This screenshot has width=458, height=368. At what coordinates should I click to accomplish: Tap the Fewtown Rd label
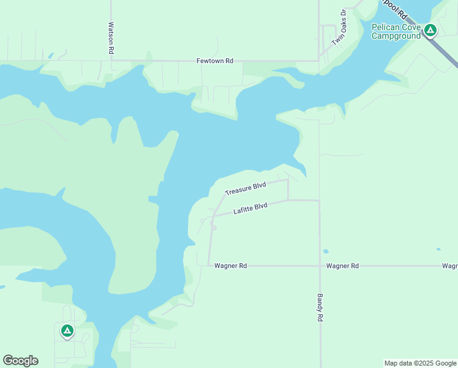tap(215, 61)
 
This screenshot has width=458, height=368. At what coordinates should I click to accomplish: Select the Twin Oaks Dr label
tap(339, 28)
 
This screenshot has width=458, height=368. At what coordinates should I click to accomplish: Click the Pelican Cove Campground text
tap(396, 31)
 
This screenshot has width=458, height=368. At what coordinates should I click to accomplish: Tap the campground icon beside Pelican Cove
tap(430, 29)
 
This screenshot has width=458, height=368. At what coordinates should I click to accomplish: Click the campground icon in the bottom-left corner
tap(67, 331)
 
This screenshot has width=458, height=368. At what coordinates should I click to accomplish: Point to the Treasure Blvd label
tap(245, 188)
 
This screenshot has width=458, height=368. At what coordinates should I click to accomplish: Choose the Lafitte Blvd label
tap(250, 209)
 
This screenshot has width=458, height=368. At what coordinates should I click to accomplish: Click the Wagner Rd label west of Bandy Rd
tap(231, 266)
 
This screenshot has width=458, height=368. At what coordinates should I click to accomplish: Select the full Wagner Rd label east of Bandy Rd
tap(342, 266)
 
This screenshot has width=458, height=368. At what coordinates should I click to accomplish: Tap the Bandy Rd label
tap(320, 308)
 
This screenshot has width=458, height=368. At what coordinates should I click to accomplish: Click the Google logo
tap(20, 361)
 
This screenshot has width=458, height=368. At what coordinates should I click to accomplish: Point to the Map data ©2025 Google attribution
tap(420, 363)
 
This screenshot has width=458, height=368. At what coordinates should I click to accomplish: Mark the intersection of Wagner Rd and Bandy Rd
tap(320, 266)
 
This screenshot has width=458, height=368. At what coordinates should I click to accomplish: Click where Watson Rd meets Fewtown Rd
tap(111, 61)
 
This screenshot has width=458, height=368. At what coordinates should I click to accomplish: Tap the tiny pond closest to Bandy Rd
tap(325, 251)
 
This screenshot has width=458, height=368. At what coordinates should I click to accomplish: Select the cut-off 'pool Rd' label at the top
tap(394, 7)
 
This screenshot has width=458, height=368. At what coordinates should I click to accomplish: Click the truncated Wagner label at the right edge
tap(450, 266)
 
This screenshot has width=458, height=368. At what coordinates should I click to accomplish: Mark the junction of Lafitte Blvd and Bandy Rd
tap(320, 201)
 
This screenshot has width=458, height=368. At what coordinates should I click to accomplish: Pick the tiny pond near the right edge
tap(438, 249)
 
